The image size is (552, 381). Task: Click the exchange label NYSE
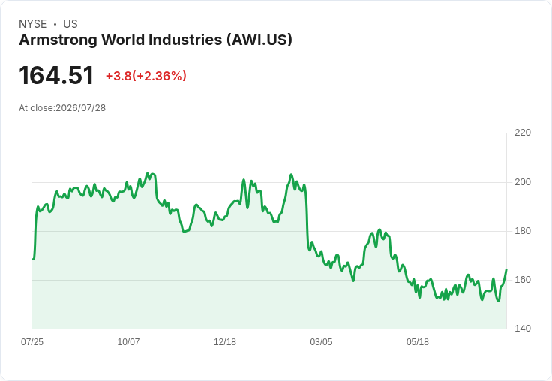[33, 24]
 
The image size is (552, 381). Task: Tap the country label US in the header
[70, 24]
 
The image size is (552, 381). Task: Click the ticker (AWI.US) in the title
[259, 40]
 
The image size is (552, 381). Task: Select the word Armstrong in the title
[58, 40]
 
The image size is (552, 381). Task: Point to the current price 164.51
[56, 75]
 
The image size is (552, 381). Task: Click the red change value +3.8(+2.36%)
[146, 76]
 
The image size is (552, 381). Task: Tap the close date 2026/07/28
[80, 108]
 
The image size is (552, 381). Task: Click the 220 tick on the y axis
[523, 133]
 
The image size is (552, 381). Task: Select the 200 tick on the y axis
[523, 182]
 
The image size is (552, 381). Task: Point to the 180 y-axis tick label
[523, 231]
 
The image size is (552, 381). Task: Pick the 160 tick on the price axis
[523, 280]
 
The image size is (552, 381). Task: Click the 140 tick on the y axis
[523, 328]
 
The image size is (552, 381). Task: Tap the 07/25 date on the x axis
[32, 341]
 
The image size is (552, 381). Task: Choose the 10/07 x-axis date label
[128, 341]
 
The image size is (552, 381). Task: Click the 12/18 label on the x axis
[225, 341]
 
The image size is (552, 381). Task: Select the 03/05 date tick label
[321, 341]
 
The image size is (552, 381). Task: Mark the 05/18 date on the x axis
[418, 341]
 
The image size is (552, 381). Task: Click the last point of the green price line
[506, 270]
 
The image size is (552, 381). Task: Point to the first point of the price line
[33, 259]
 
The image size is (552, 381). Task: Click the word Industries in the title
[185, 40]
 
